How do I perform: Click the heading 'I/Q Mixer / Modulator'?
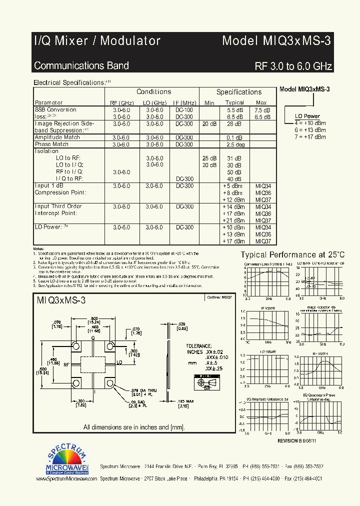click(x=97, y=41)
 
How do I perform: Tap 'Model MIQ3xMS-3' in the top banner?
click(x=276, y=41)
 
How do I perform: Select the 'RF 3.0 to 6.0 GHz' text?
click(x=293, y=66)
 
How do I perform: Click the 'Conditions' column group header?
click(x=154, y=92)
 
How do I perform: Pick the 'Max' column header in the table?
click(x=261, y=102)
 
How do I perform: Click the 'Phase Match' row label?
click(x=51, y=144)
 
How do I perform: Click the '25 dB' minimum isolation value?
click(x=209, y=158)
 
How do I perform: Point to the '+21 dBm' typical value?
click(x=234, y=220)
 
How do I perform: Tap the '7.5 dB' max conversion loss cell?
click(x=262, y=110)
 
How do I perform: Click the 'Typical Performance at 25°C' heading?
click(x=293, y=254)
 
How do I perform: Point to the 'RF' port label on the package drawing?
click(x=66, y=365)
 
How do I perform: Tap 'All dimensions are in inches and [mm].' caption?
click(x=134, y=427)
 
